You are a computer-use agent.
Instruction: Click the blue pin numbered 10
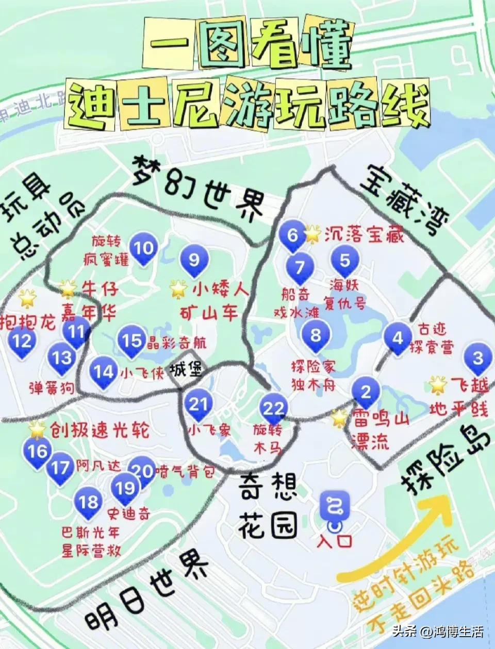coord(143,248)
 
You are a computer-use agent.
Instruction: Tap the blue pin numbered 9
coord(194,260)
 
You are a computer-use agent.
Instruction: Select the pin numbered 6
coord(292,235)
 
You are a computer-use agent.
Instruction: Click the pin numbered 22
coord(273,409)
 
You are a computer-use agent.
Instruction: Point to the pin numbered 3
coord(478,358)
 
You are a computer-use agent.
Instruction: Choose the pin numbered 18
coord(88,502)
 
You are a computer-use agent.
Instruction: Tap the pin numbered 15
coord(131,341)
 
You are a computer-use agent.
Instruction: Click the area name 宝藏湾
coord(405,198)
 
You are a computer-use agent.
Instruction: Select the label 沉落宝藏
coord(364,234)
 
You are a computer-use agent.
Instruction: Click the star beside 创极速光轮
coord(38,428)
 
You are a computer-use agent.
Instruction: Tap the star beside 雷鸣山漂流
coord(340,418)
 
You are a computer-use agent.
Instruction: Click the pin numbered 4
coord(398,338)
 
